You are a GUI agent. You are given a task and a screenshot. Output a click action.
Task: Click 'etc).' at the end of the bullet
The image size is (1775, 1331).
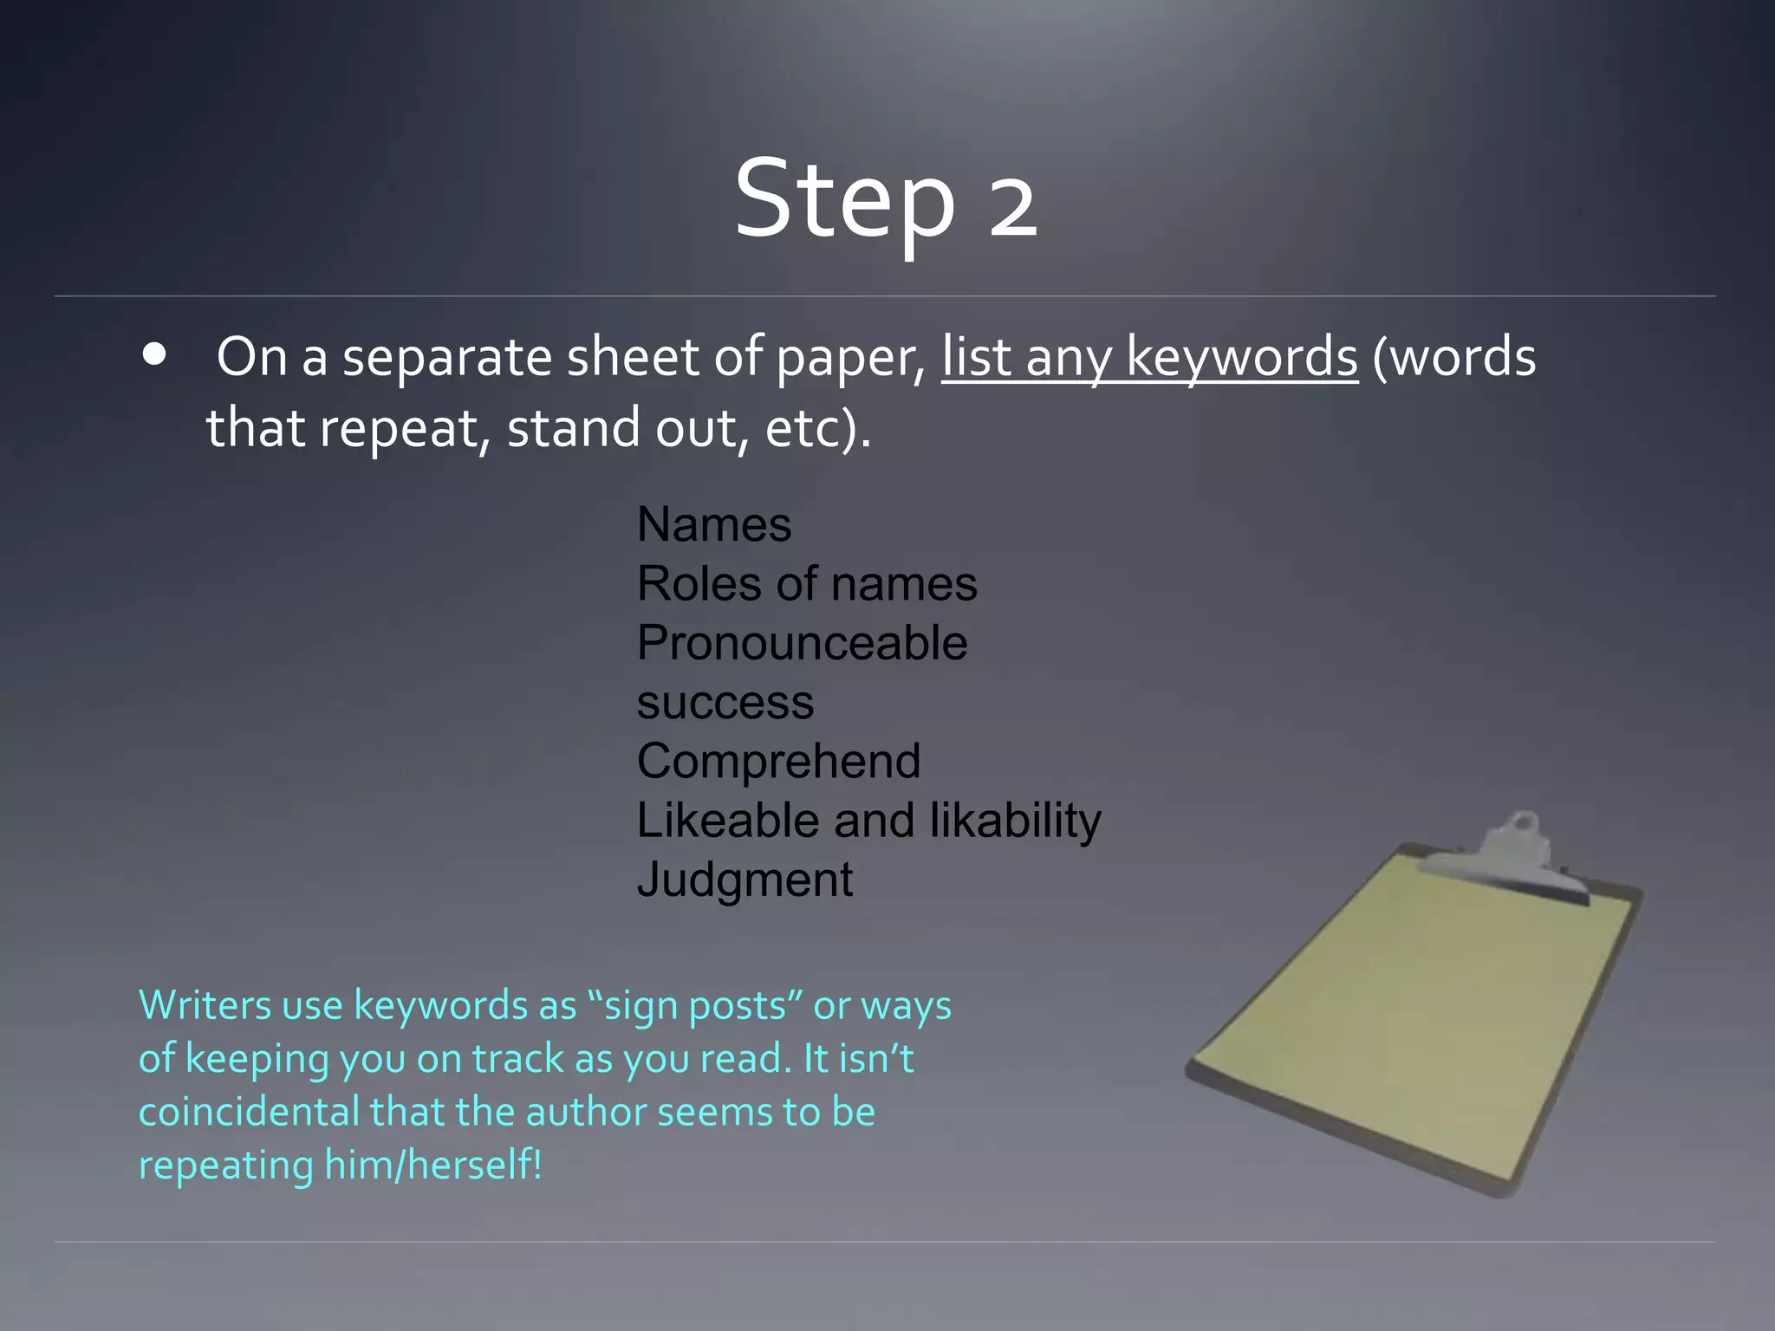click(818, 428)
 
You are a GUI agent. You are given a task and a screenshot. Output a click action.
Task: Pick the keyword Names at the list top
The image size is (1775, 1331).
click(714, 525)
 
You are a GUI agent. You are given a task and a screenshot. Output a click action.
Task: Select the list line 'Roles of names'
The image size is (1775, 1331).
click(807, 584)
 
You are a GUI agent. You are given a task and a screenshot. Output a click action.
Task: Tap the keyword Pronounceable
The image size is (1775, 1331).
click(802, 643)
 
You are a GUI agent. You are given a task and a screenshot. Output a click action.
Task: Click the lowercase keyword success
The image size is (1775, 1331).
click(725, 702)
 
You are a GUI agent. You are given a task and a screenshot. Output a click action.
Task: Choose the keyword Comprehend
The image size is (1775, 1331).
click(778, 762)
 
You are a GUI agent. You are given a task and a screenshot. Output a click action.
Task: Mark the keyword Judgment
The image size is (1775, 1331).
click(744, 880)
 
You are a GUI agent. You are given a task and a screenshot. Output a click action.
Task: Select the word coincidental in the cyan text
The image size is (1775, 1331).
click(249, 1113)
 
